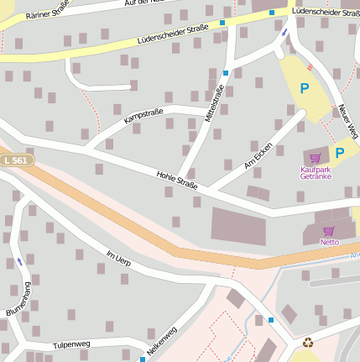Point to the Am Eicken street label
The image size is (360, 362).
point(258,156)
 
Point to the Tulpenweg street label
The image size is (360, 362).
point(71,344)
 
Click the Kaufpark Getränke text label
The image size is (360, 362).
point(315,173)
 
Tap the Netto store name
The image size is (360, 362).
point(329,242)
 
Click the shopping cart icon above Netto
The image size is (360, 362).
point(329,230)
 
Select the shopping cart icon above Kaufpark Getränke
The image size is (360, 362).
point(315,157)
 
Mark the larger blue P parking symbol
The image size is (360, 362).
point(304,87)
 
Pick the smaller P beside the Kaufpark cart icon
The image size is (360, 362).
point(339,153)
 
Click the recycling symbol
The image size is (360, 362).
point(308,342)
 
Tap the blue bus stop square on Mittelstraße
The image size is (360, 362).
point(226,72)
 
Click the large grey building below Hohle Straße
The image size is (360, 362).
point(238,226)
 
